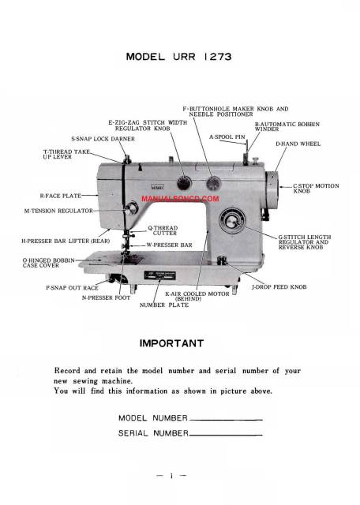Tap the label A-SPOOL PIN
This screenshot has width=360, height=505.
pyautogui.click(x=228, y=137)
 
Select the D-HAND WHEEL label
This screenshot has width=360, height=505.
pyautogui.click(x=298, y=144)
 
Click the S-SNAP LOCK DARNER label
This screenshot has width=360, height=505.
pyautogui.click(x=103, y=138)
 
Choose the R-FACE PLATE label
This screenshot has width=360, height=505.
pyautogui.click(x=60, y=194)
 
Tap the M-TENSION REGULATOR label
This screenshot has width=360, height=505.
pyautogui.click(x=58, y=211)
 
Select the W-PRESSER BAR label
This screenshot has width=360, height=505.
pyautogui.click(x=170, y=245)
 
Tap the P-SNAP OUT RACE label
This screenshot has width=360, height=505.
pyautogui.click(x=72, y=287)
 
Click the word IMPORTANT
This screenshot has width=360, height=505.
pyautogui.click(x=171, y=343)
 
